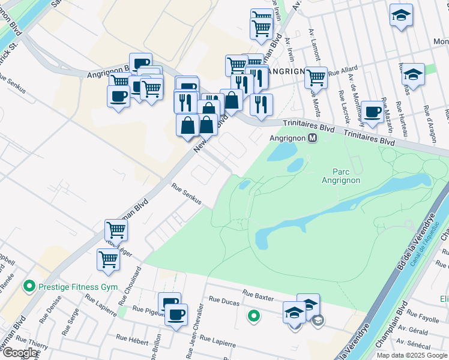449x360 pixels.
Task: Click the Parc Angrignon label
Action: click(x=340, y=175)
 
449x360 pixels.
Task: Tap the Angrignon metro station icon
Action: click(x=312, y=138)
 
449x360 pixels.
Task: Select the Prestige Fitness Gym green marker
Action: click(x=28, y=287)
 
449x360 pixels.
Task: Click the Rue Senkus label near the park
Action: click(x=186, y=195)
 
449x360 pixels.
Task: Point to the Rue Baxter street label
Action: click(x=258, y=295)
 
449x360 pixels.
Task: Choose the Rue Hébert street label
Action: click(x=132, y=340)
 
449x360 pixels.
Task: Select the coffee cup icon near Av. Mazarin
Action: click(x=372, y=112)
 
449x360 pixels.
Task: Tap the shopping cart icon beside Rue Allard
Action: click(x=315, y=76)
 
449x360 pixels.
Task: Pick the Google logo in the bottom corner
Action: click(x=20, y=353)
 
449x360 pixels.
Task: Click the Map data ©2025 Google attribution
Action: click(x=412, y=355)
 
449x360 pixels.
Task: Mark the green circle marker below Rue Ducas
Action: click(x=255, y=314)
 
